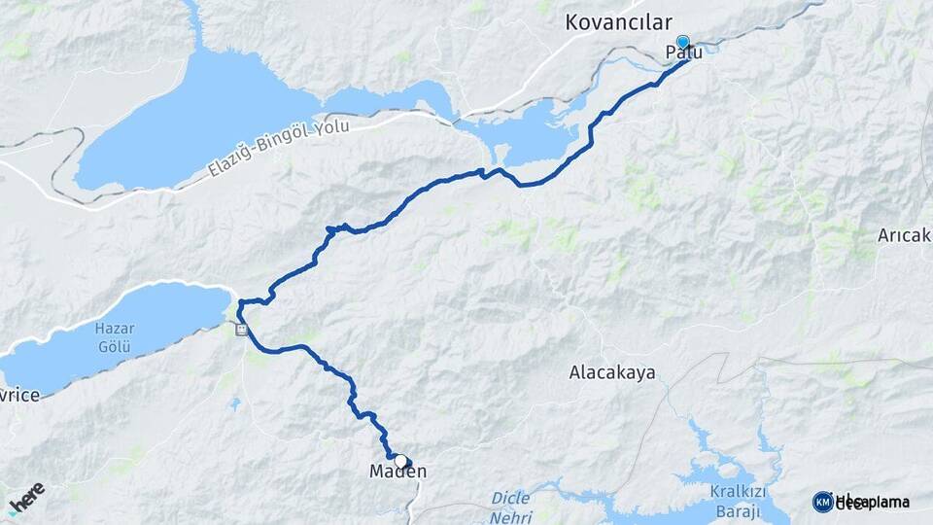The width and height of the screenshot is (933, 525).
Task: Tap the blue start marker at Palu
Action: pyautogui.click(x=683, y=43)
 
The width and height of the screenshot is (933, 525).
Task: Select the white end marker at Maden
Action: pyautogui.click(x=400, y=461)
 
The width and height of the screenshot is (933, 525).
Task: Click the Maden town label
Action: pyautogui.click(x=398, y=472)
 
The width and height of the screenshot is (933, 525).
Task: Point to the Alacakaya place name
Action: pyautogui.click(x=612, y=372)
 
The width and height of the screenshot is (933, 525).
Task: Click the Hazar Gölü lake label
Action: pyautogui.click(x=114, y=336)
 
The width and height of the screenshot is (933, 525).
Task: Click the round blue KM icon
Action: pyautogui.click(x=822, y=502)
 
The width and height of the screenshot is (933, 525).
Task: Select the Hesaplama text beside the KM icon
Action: pyautogui.click(x=872, y=502)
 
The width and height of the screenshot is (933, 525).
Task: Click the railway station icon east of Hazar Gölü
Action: pyautogui.click(x=241, y=331)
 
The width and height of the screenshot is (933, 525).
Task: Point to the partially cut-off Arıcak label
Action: pyautogui.click(x=905, y=236)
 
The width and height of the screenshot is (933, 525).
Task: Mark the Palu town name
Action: pyautogui.click(x=683, y=53)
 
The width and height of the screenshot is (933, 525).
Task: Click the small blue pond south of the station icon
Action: pyautogui.click(x=235, y=402)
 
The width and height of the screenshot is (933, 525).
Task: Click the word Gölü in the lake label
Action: pyautogui.click(x=114, y=345)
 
